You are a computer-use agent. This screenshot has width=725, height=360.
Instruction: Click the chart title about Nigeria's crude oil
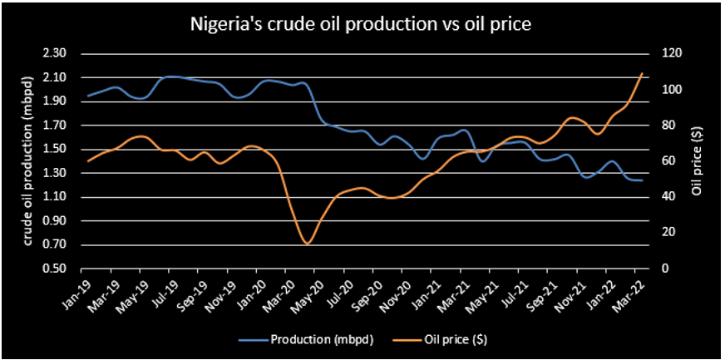pyautogui.click(x=362, y=25)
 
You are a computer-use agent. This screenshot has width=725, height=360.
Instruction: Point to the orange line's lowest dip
pyautogui.click(x=308, y=243)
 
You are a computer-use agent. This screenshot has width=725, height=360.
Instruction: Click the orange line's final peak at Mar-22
pyautogui.click(x=642, y=74)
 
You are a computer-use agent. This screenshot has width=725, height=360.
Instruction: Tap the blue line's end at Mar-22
pyautogui.click(x=642, y=180)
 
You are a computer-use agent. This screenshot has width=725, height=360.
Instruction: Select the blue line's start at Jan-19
pyautogui.click(x=88, y=96)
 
